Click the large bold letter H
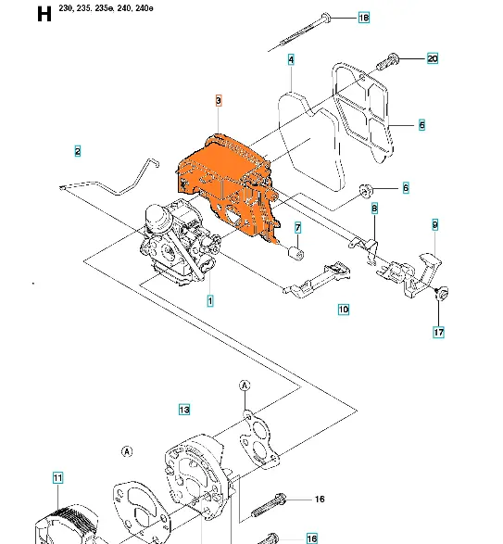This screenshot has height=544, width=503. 44,15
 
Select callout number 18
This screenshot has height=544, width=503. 363,18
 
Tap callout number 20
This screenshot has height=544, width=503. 433,58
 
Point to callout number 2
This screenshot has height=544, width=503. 78,151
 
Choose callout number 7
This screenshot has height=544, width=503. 298,228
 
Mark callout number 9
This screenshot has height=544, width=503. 435,225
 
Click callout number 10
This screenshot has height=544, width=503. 344,310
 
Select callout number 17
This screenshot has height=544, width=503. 439,333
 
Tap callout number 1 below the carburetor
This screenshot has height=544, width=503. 210,301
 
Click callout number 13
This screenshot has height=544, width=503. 184,410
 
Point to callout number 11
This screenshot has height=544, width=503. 58,477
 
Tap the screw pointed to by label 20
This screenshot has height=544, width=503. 388,62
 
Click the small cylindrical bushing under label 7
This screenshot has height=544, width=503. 296,253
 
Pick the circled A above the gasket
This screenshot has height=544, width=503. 245,386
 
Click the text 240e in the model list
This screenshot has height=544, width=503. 145,8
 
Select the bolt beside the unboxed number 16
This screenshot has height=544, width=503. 268,506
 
